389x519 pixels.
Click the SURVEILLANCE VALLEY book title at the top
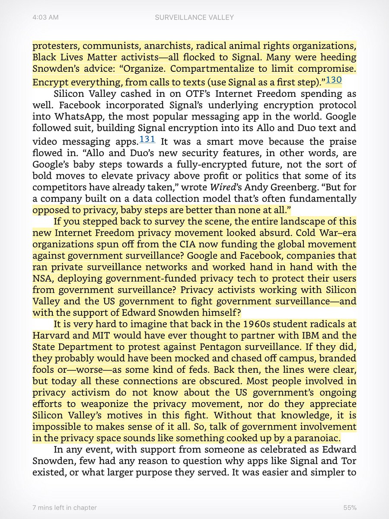point(194,17)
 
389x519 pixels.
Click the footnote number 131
point(147,139)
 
